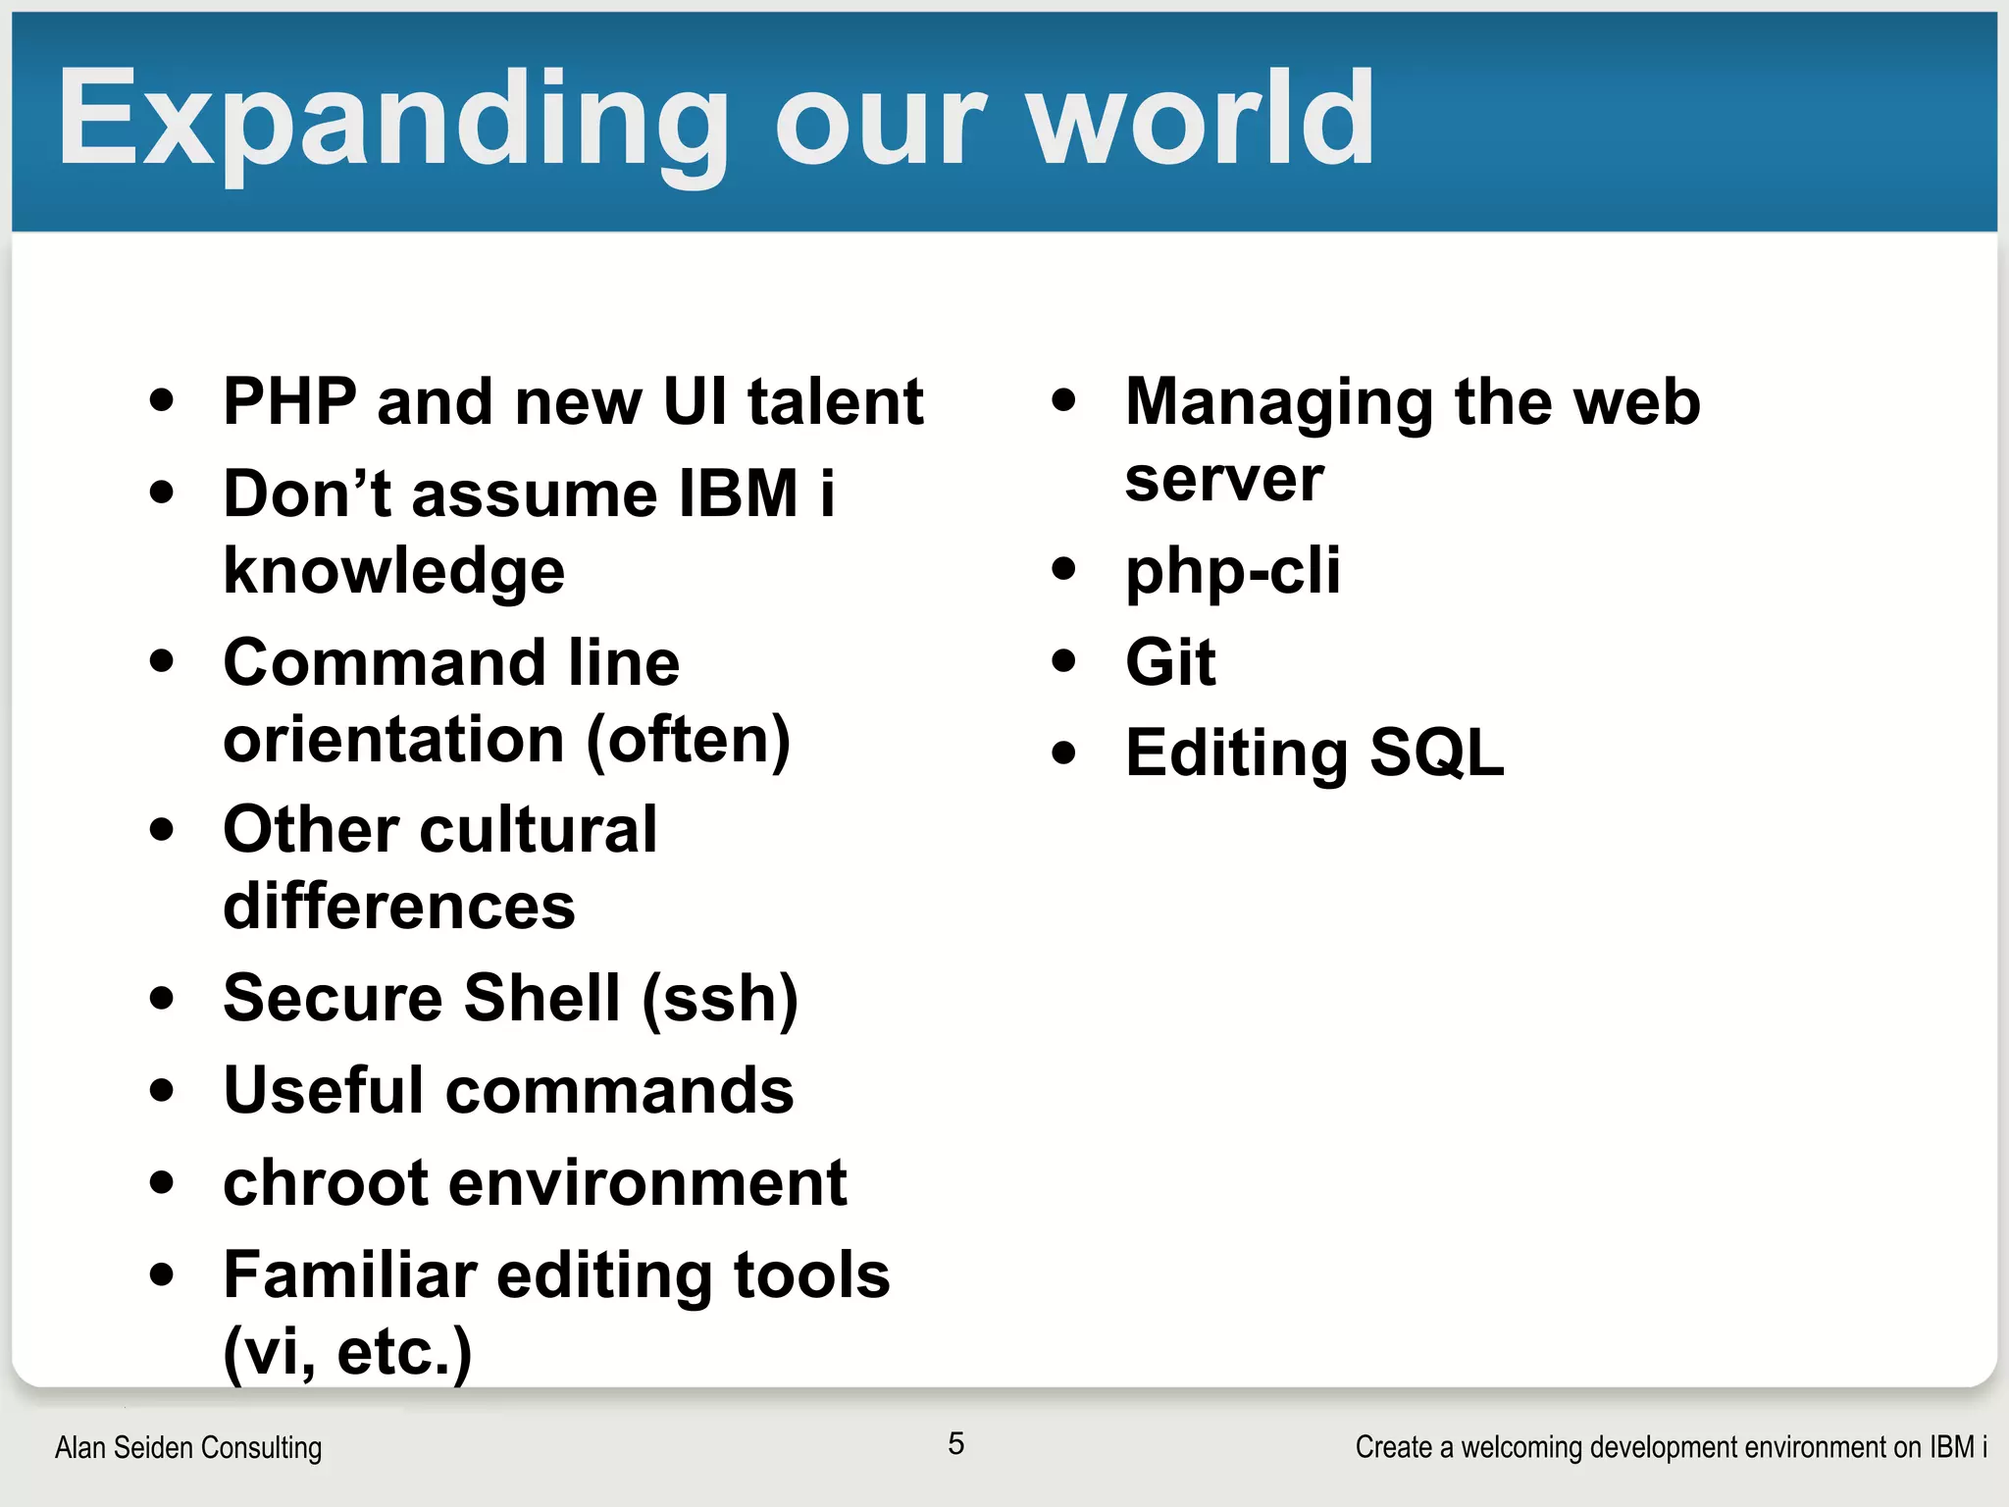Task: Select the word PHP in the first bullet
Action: pyautogui.click(x=289, y=401)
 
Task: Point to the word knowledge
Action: pyautogui.click(x=393, y=571)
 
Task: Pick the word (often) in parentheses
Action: pyautogui.click(x=688, y=740)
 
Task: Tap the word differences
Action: pyautogui.click(x=398, y=907)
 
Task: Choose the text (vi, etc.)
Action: pyautogui.click(x=347, y=1352)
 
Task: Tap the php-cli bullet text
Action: pyautogui.click(x=1232, y=571)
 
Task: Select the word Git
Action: pyautogui.click(x=1170, y=662)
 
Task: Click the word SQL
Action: pyautogui.click(x=1436, y=753)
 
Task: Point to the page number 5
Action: pyautogui.click(x=956, y=1443)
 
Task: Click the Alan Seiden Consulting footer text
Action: pyautogui.click(x=188, y=1447)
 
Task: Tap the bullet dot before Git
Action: pyautogui.click(x=1063, y=660)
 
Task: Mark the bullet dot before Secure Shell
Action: pyautogui.click(x=162, y=999)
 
